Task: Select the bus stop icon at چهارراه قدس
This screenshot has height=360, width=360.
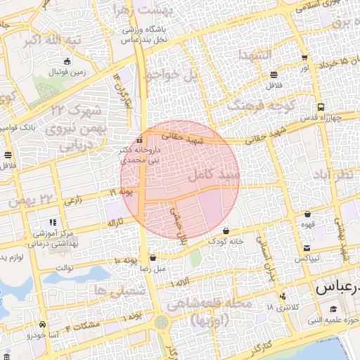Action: pyautogui.click(x=321, y=107)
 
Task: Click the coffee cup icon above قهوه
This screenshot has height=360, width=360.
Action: pyautogui.click(x=308, y=214)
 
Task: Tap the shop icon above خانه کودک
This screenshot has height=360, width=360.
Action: pyautogui.click(x=226, y=231)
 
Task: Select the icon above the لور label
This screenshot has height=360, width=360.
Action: pyautogui.click(x=304, y=58)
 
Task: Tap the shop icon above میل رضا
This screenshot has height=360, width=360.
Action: pyautogui.click(x=153, y=258)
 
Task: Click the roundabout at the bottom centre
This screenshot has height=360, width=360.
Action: pyautogui.click(x=162, y=323)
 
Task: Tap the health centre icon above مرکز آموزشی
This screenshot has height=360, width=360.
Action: pyautogui.click(x=54, y=223)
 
